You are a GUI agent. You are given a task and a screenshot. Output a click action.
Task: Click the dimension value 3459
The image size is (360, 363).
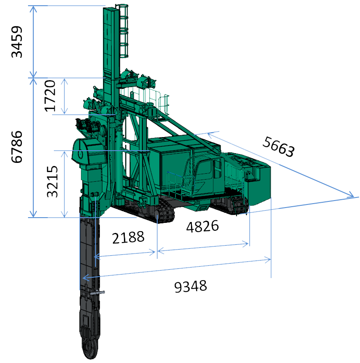click(17, 42)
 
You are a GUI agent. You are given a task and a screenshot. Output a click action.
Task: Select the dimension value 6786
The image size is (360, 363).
click(17, 147)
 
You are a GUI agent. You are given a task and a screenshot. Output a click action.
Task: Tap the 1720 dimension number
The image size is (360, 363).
click(50, 96)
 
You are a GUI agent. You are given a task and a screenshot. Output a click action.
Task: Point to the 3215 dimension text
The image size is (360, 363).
click(52, 181)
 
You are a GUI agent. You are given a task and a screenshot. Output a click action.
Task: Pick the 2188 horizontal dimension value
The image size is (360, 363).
click(128, 238)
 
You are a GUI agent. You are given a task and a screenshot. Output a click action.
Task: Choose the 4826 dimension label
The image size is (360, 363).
click(202, 226)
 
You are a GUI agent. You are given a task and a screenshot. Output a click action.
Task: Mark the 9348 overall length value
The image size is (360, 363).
click(191, 286)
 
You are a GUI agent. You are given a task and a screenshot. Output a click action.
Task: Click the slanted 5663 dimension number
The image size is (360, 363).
click(279, 147)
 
